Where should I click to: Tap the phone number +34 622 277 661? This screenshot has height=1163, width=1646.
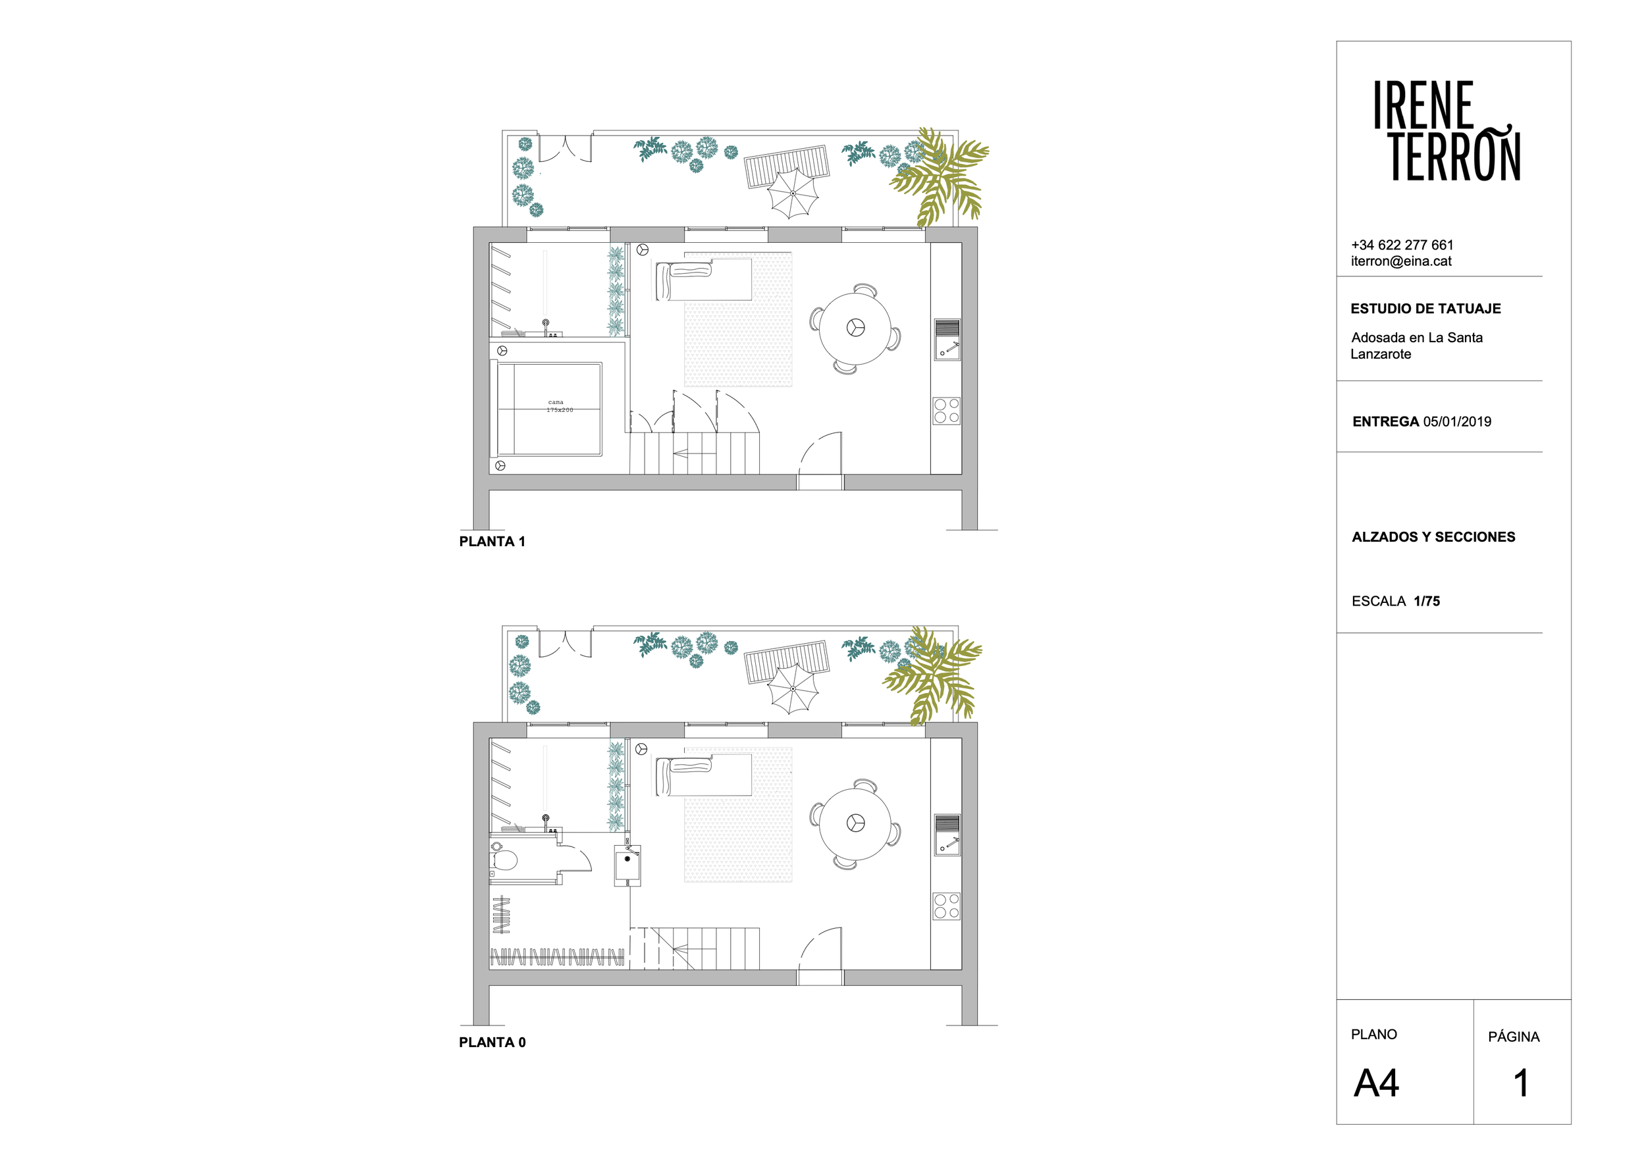(1402, 245)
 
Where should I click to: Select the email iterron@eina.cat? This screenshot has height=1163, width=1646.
(1401, 261)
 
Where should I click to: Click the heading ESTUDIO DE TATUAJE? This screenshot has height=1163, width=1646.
(1425, 309)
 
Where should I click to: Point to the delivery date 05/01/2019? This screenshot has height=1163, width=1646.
(1457, 422)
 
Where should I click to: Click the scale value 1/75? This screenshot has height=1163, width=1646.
(1427, 601)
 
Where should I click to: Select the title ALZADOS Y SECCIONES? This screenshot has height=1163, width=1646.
(1433, 536)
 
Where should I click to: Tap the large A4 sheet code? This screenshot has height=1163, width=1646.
(1376, 1083)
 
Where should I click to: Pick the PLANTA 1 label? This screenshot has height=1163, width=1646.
(492, 542)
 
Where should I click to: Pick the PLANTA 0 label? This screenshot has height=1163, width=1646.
(492, 1043)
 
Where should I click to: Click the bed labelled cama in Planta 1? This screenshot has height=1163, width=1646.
(547, 409)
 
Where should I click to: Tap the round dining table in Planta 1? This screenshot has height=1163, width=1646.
(855, 328)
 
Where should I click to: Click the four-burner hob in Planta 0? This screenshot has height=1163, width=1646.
(946, 906)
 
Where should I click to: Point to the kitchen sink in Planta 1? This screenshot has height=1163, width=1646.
(947, 340)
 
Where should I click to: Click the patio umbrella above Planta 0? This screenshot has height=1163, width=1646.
(792, 688)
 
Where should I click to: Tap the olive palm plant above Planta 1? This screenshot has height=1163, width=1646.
(938, 176)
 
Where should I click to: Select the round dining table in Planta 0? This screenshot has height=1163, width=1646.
(855, 823)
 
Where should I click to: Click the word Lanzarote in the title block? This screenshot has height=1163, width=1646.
(1381, 354)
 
